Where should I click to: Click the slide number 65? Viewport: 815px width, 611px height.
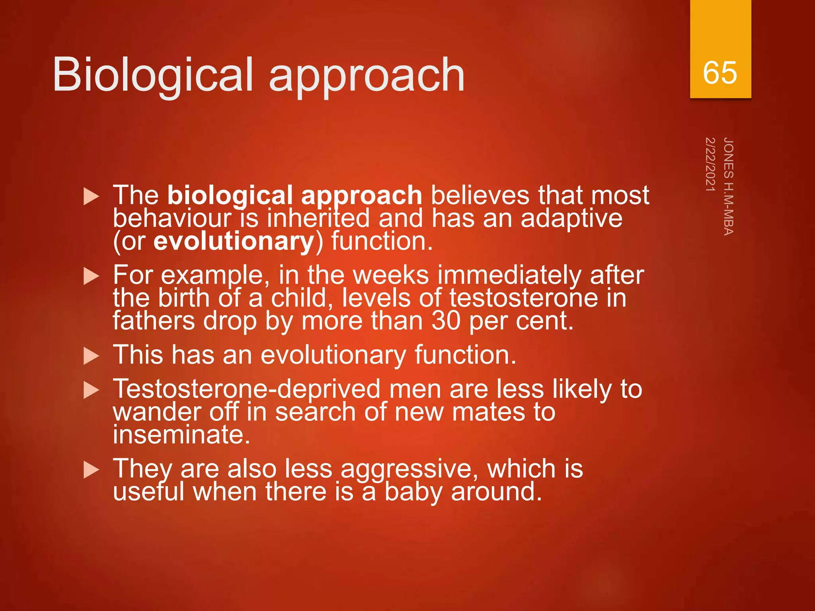tap(719, 73)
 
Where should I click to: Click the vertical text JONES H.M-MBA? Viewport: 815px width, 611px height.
tap(728, 186)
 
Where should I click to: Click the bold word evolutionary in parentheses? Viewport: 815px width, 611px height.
tap(234, 241)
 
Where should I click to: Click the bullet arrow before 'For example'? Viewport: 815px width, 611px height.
tap(91, 276)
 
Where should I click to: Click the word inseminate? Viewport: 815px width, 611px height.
tap(181, 434)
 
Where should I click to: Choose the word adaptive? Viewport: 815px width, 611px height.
tap(571, 218)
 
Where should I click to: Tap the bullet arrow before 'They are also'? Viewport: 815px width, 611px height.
tap(91, 470)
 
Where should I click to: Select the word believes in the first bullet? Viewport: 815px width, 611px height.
tap(480, 195)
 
